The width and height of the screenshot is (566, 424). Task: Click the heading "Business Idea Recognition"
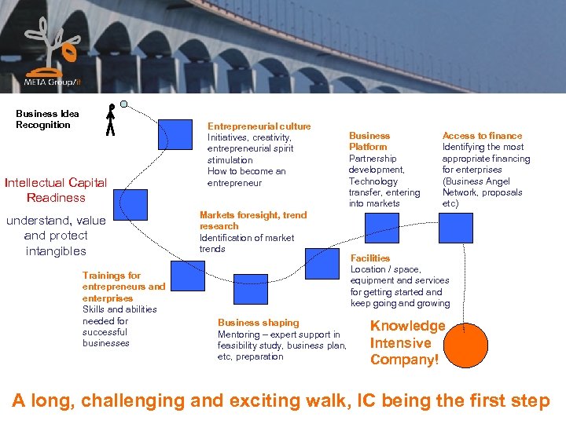pyautogui.click(x=47, y=119)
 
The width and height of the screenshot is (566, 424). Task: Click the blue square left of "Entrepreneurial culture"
pyautogui.click(x=175, y=134)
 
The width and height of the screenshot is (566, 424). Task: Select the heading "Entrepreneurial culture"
pyautogui.click(x=259, y=126)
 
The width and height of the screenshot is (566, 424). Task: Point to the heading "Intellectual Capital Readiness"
pyautogui.click(x=56, y=190)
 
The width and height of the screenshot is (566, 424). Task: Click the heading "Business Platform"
pyautogui.click(x=369, y=141)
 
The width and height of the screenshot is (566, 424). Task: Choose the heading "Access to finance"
pyautogui.click(x=482, y=136)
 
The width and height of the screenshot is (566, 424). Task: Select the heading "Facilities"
pyautogui.click(x=369, y=258)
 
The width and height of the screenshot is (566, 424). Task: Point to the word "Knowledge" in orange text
pyautogui.click(x=407, y=326)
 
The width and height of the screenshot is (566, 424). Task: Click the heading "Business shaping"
pyautogui.click(x=258, y=323)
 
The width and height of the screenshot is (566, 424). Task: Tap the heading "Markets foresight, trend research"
pyautogui.click(x=253, y=220)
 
